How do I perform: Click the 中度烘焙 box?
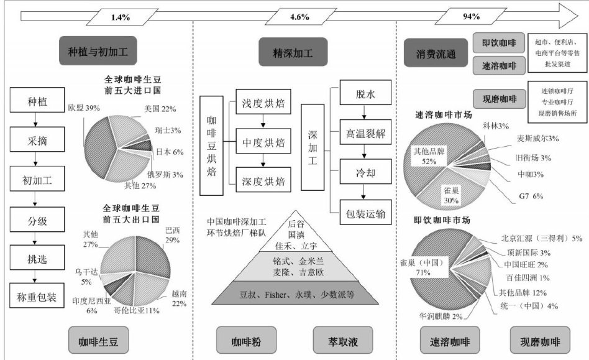[x=263, y=141]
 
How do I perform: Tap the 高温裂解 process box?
[x=366, y=132]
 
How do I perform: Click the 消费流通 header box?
[x=436, y=53]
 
